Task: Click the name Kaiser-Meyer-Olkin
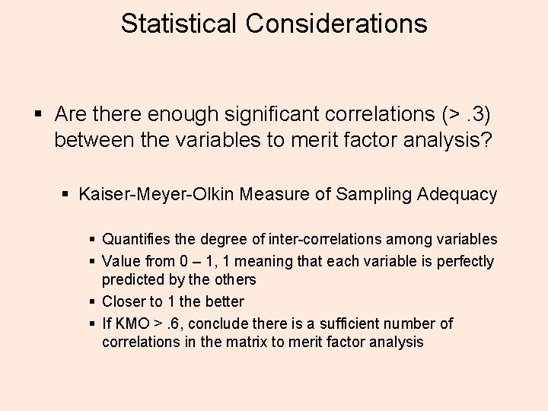(156, 194)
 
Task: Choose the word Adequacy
(457, 195)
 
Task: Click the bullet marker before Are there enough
(38, 115)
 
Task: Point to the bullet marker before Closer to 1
(91, 302)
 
